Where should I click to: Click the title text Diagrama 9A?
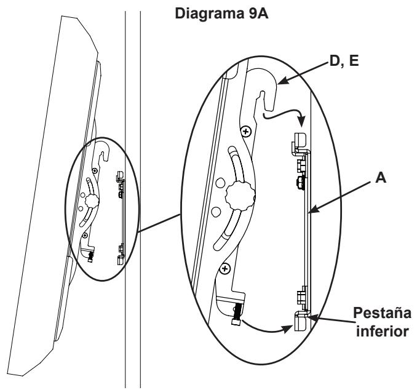pos(221,14)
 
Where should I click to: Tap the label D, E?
pos(344,61)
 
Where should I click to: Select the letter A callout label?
pos(381,177)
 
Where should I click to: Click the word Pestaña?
pos(382,313)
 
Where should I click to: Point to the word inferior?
pos(382,332)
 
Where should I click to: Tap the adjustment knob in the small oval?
pos(92,201)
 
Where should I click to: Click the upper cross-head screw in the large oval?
pos(246,131)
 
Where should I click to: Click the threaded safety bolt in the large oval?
pos(237,314)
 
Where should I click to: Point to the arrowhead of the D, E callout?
pos(282,81)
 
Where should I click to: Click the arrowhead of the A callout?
pos(314,209)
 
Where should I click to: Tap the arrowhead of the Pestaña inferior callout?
pos(312,317)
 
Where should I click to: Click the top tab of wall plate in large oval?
pos(300,142)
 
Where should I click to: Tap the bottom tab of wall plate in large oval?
pos(301,321)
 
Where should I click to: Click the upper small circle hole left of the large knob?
pos(220,183)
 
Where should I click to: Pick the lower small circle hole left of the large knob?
pos(216,212)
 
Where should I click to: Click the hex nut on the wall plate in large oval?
pos(300,183)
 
